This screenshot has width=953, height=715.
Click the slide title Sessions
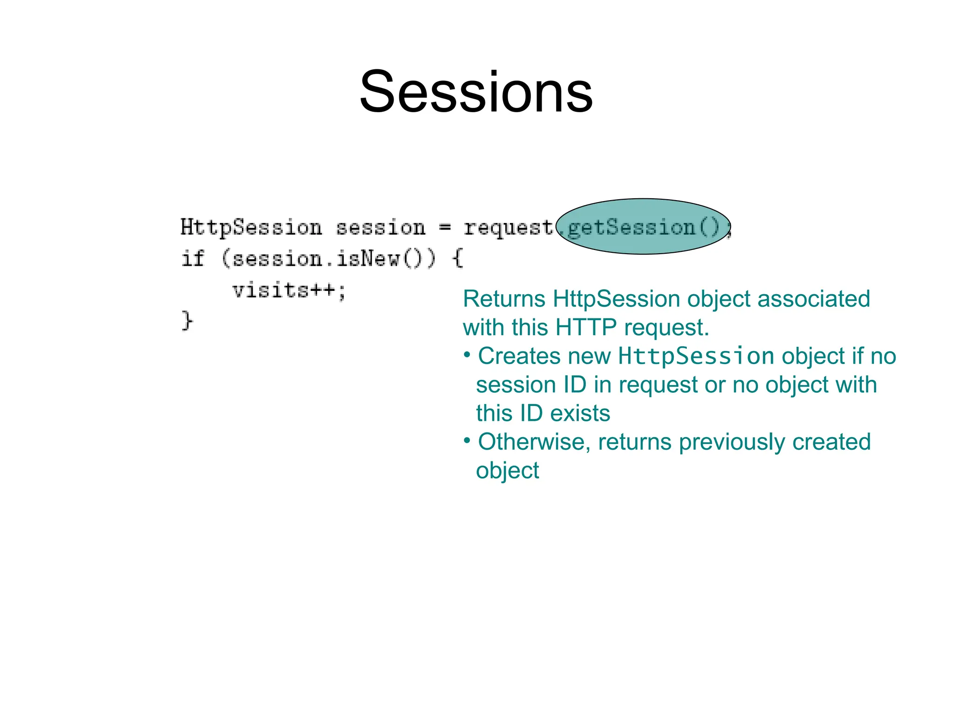(476, 91)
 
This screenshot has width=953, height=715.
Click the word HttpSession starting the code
(251, 228)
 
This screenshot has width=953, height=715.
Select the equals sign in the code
(445, 228)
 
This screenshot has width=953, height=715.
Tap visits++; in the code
(289, 290)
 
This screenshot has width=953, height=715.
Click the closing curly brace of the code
(187, 321)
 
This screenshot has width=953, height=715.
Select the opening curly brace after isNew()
(458, 258)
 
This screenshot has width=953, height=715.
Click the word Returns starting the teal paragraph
(504, 299)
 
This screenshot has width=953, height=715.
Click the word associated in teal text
(813, 299)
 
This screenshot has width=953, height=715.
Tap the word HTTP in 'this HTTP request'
(586, 327)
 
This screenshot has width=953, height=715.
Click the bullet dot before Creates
(467, 355)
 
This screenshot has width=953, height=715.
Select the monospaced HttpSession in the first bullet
(696, 356)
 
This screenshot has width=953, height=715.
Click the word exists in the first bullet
(580, 413)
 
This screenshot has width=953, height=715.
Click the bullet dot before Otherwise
(467, 440)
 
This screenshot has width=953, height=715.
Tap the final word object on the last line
(507, 471)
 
